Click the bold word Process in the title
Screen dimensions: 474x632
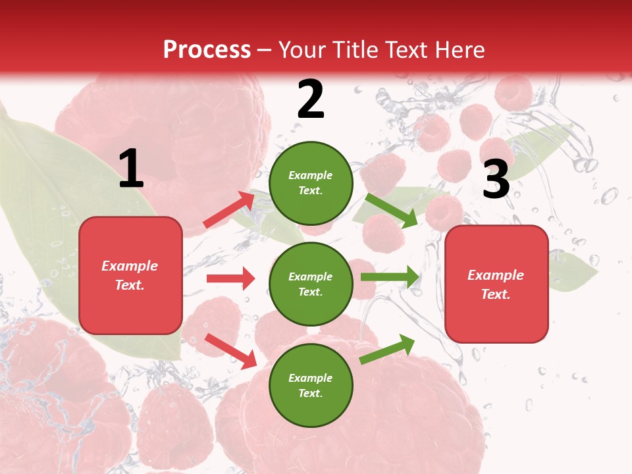[x=207, y=50]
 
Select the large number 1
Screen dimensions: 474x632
[x=131, y=170]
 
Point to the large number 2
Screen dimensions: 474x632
[x=311, y=100]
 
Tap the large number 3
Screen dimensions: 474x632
[x=496, y=179]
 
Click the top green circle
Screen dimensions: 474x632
[x=311, y=183]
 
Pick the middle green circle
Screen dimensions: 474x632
[x=311, y=284]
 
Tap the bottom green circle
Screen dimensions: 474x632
[x=311, y=385]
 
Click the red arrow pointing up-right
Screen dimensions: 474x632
[x=229, y=209]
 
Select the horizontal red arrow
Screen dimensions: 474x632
[x=230, y=278]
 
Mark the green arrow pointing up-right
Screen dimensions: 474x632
[x=387, y=349]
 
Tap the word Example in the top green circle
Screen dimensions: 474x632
[x=311, y=176]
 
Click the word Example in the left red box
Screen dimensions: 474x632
[x=130, y=266]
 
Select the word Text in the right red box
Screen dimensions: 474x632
[x=494, y=294]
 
